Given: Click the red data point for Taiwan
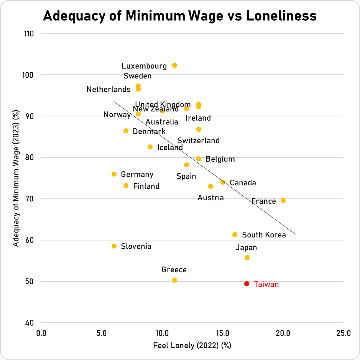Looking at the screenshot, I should coord(247,284).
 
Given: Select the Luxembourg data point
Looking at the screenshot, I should coord(174,65).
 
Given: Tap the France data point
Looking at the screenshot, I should coord(283,201).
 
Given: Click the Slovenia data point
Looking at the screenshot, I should coord(114,246).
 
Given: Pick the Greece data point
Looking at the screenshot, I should coord(174,280).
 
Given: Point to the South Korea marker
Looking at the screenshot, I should coord(235,234).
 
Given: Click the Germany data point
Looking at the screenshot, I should coord(114,174).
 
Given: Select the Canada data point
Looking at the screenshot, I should coord(223,182).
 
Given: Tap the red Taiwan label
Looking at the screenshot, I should coord(266,285).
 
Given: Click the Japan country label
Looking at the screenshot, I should coord(246,248).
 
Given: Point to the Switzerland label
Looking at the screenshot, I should coord(198,141).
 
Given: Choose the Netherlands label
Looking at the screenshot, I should coord(108,89).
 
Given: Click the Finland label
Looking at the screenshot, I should coord(146,187).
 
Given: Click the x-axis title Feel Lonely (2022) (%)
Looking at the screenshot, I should coord(192,345).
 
